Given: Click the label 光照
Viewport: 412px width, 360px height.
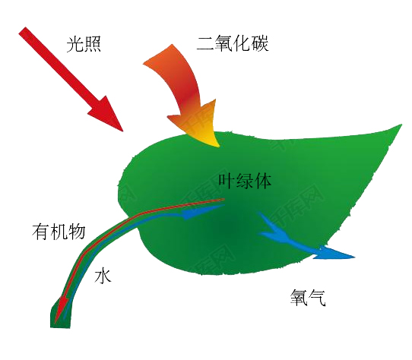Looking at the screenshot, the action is tap(84, 44).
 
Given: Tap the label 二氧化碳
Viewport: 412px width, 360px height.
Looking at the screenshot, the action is tap(233, 43).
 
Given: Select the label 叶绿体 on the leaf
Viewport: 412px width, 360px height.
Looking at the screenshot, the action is tap(246, 181).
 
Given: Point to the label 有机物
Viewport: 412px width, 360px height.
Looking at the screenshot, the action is tap(59, 232).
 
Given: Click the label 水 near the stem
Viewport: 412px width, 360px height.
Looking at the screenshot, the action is tap(103, 276).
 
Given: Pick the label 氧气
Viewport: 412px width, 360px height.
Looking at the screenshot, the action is tap(308, 298).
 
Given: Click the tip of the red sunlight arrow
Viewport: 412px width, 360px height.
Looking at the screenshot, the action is tap(122, 131).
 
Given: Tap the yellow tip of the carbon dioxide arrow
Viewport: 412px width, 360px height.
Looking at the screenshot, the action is tap(218, 147).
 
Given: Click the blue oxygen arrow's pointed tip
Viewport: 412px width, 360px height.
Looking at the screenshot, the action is tap(355, 257).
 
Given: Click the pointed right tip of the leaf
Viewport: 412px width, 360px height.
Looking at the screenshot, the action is tap(402, 125).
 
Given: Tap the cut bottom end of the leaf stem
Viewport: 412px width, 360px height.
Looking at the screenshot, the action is tap(61, 327).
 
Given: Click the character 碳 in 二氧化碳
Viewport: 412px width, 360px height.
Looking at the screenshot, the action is tap(260, 43).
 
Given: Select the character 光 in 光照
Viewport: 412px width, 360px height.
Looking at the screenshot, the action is tap(74, 44).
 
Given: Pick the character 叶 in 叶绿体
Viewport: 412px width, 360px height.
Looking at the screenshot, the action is tap(227, 181).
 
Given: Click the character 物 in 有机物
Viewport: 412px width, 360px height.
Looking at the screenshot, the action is tap(77, 232).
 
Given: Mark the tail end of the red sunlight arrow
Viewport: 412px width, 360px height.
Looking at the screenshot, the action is tap(22, 30).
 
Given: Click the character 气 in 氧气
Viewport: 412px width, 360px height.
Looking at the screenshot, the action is tap(317, 298).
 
